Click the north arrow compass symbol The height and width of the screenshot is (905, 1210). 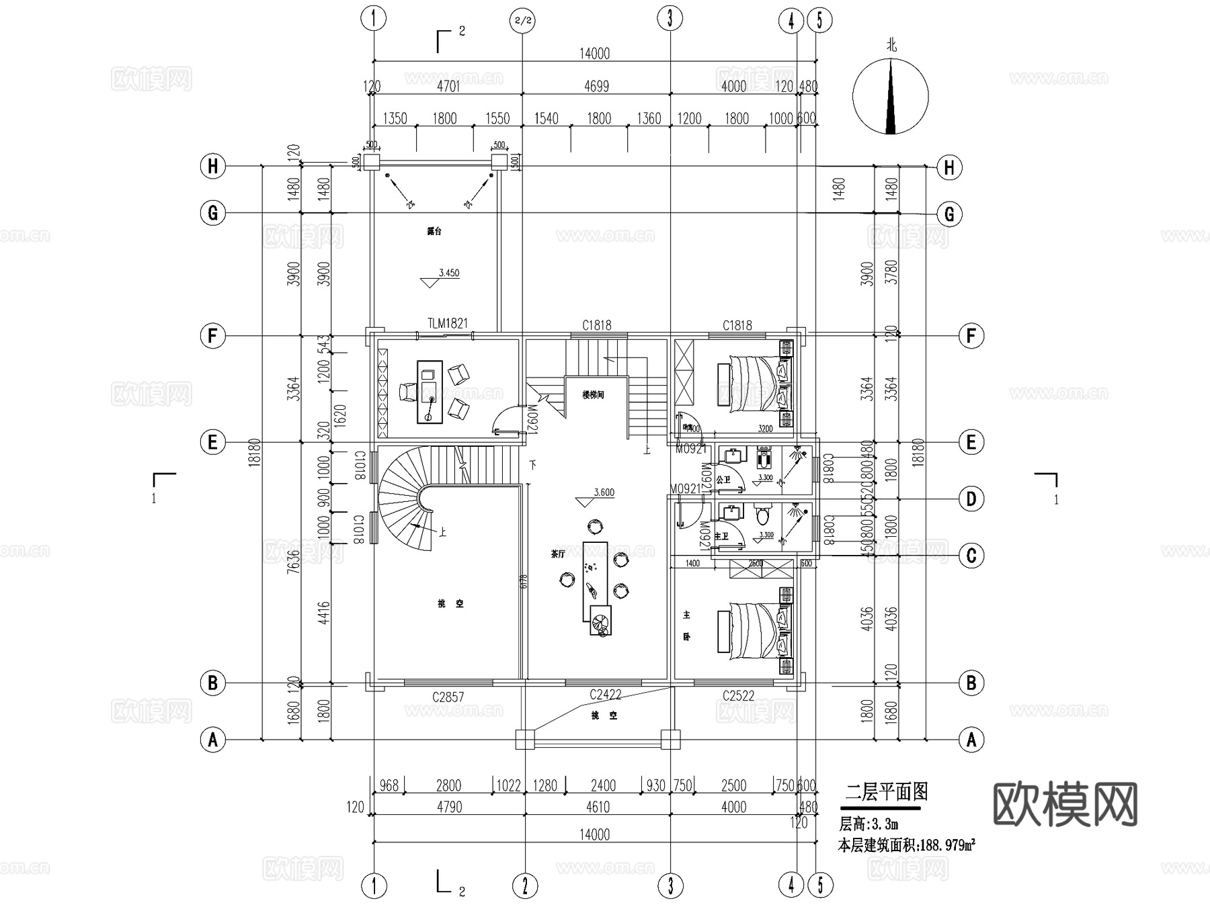click(x=891, y=96)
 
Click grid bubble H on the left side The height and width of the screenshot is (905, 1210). click(x=213, y=166)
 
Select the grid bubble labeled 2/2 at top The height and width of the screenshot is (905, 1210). click(x=522, y=20)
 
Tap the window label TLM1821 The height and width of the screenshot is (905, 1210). click(x=447, y=323)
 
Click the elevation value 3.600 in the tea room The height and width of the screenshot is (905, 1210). click(x=604, y=492)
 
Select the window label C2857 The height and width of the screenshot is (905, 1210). click(x=448, y=697)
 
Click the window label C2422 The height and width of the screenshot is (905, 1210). click(x=605, y=695)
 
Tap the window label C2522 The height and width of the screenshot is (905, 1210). click(x=738, y=696)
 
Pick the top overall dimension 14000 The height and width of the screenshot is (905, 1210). click(x=594, y=54)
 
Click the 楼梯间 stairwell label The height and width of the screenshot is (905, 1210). click(x=593, y=395)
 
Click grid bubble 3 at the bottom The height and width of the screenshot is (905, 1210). click(x=670, y=886)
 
